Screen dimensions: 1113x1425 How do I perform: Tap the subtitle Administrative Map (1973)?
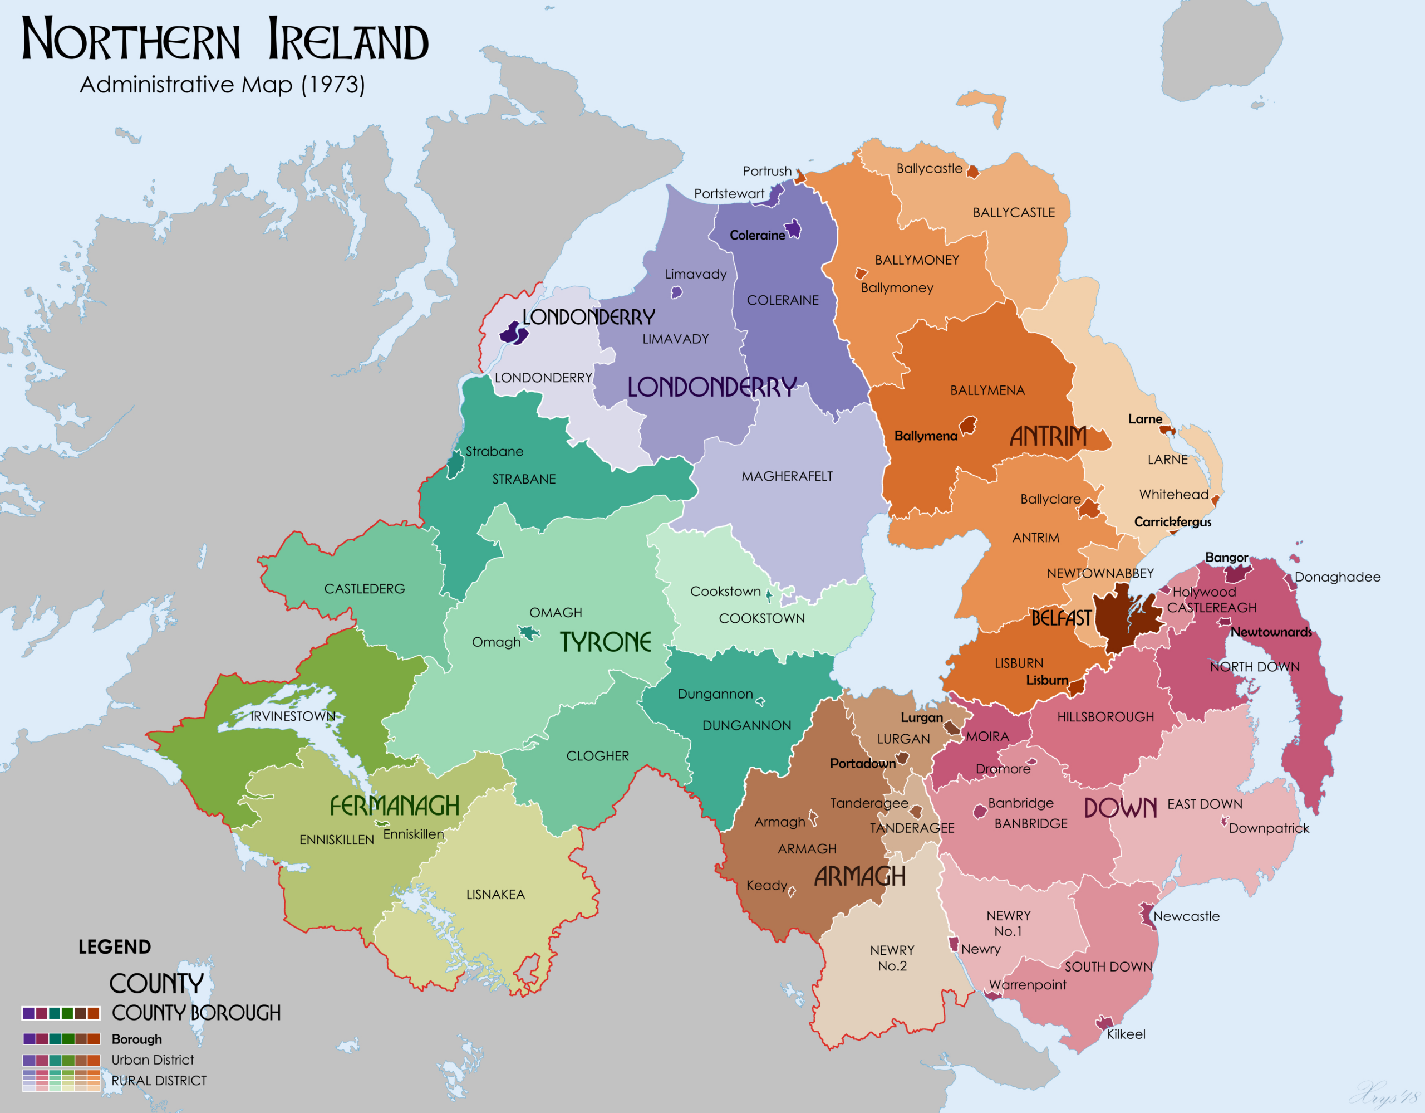[x=222, y=85]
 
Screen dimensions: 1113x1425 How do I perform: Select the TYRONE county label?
[x=606, y=642]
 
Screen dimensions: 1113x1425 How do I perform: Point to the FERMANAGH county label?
[x=394, y=806]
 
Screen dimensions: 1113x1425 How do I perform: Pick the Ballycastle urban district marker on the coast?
[x=972, y=172]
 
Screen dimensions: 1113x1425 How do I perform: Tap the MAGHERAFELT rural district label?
[x=787, y=476]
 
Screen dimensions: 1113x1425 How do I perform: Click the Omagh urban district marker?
[x=528, y=633]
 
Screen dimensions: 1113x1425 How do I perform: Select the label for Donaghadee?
[x=1337, y=577]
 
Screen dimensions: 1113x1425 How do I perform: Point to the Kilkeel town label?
[x=1126, y=1034]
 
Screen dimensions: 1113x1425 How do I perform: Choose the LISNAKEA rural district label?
[x=495, y=894]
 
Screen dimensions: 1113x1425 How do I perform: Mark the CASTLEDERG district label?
[x=364, y=589]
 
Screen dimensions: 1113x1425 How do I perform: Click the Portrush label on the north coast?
[x=766, y=171]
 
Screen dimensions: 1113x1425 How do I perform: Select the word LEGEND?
[x=114, y=946]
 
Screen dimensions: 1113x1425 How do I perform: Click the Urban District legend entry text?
[x=153, y=1060]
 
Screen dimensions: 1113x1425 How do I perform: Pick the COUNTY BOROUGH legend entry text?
[x=196, y=1013]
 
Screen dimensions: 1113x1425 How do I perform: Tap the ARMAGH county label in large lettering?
[x=859, y=877]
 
